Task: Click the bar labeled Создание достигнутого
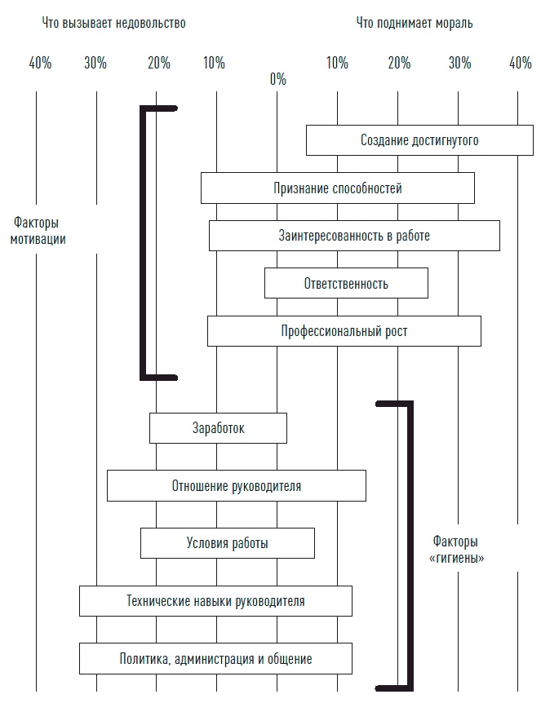point(419,140)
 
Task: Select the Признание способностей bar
point(338,188)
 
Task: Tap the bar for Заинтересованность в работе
point(354,237)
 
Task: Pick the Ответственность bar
point(346,284)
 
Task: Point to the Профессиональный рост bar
point(344,331)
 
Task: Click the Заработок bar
point(218,428)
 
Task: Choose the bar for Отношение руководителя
point(236,486)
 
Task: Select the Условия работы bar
point(227,543)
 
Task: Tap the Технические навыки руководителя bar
point(215,601)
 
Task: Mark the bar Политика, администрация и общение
point(215,658)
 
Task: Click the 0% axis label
point(277,79)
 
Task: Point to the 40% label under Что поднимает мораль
point(520,63)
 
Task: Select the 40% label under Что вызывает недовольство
point(40,63)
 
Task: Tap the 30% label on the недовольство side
point(95,63)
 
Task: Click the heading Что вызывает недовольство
point(113,23)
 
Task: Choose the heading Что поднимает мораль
point(414,23)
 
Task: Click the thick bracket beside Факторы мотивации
point(144,242)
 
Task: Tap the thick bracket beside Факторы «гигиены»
point(410,545)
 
